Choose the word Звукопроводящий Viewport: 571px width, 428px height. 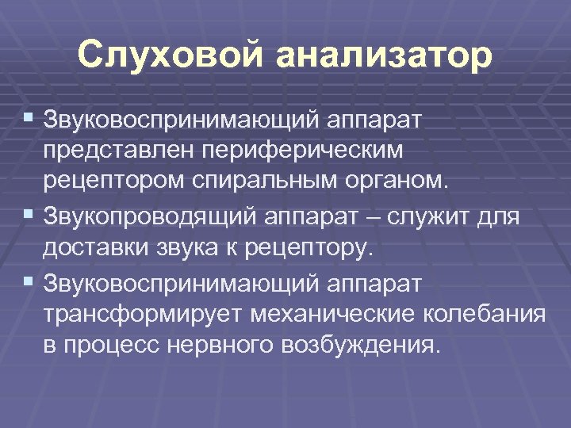(x=148, y=215)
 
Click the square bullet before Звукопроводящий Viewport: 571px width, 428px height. (x=29, y=213)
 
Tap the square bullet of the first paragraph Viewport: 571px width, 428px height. (x=29, y=117)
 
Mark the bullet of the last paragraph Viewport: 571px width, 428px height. (x=29, y=281)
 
